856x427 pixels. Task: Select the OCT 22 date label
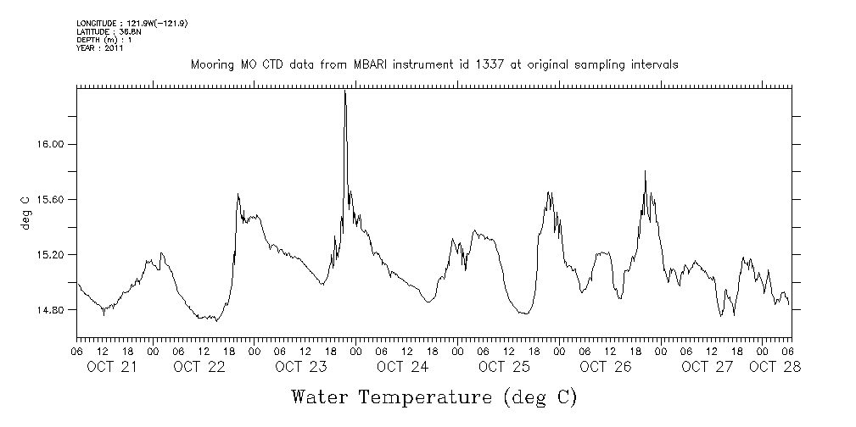coord(199,367)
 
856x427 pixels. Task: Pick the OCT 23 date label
coord(300,367)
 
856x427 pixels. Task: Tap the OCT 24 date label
coord(402,367)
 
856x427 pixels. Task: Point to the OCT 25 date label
coord(504,367)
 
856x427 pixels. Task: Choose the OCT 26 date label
coord(606,367)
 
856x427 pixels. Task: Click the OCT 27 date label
coord(707,367)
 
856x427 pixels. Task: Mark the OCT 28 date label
coord(774,367)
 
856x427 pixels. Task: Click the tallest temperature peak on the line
coord(344,91)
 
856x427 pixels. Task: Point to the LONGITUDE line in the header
coord(131,23)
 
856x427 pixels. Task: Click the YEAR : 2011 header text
coord(100,48)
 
